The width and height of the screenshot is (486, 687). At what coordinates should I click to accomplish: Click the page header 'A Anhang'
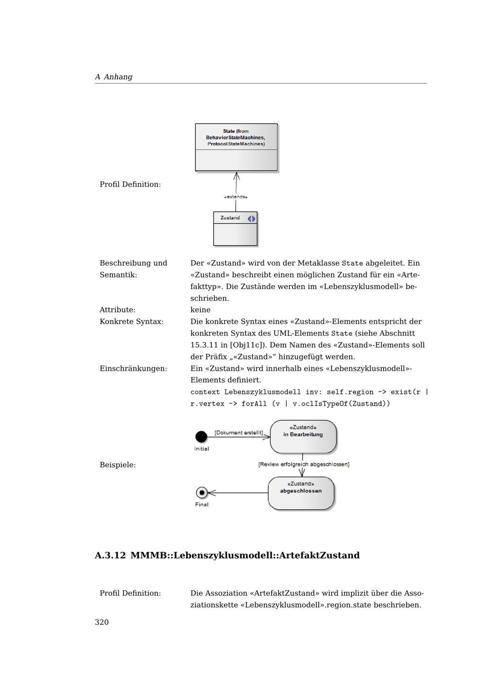(114, 77)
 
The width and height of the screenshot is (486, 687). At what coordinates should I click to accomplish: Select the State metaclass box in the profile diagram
(236, 147)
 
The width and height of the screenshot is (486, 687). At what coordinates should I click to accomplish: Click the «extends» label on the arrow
(236, 197)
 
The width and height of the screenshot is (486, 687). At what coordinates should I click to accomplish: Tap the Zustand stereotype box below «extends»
(235, 229)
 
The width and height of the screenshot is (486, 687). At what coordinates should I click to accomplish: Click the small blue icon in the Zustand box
(251, 219)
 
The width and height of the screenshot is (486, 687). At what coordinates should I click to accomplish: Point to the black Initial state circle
(201, 437)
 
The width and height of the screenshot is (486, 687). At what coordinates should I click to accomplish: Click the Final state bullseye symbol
(202, 493)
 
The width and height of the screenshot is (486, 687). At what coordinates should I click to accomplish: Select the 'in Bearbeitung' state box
(303, 436)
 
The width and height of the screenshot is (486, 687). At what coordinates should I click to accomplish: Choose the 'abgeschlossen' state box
(301, 493)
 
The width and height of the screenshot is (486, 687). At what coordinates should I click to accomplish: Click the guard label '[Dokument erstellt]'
(239, 432)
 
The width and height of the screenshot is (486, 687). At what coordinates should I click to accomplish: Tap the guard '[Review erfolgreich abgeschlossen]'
(304, 464)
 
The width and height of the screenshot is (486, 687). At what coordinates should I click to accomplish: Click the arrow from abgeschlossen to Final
(238, 493)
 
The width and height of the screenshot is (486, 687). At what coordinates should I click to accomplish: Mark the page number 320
(102, 622)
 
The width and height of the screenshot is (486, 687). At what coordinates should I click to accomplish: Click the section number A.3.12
(110, 555)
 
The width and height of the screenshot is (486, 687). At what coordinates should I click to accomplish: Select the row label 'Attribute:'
(118, 310)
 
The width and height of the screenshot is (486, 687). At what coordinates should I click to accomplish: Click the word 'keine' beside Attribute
(200, 310)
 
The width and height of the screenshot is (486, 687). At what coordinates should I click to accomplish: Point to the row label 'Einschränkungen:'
(133, 369)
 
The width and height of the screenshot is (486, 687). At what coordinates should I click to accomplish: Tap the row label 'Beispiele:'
(118, 465)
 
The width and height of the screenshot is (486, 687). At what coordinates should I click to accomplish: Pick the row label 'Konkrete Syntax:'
(131, 322)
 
